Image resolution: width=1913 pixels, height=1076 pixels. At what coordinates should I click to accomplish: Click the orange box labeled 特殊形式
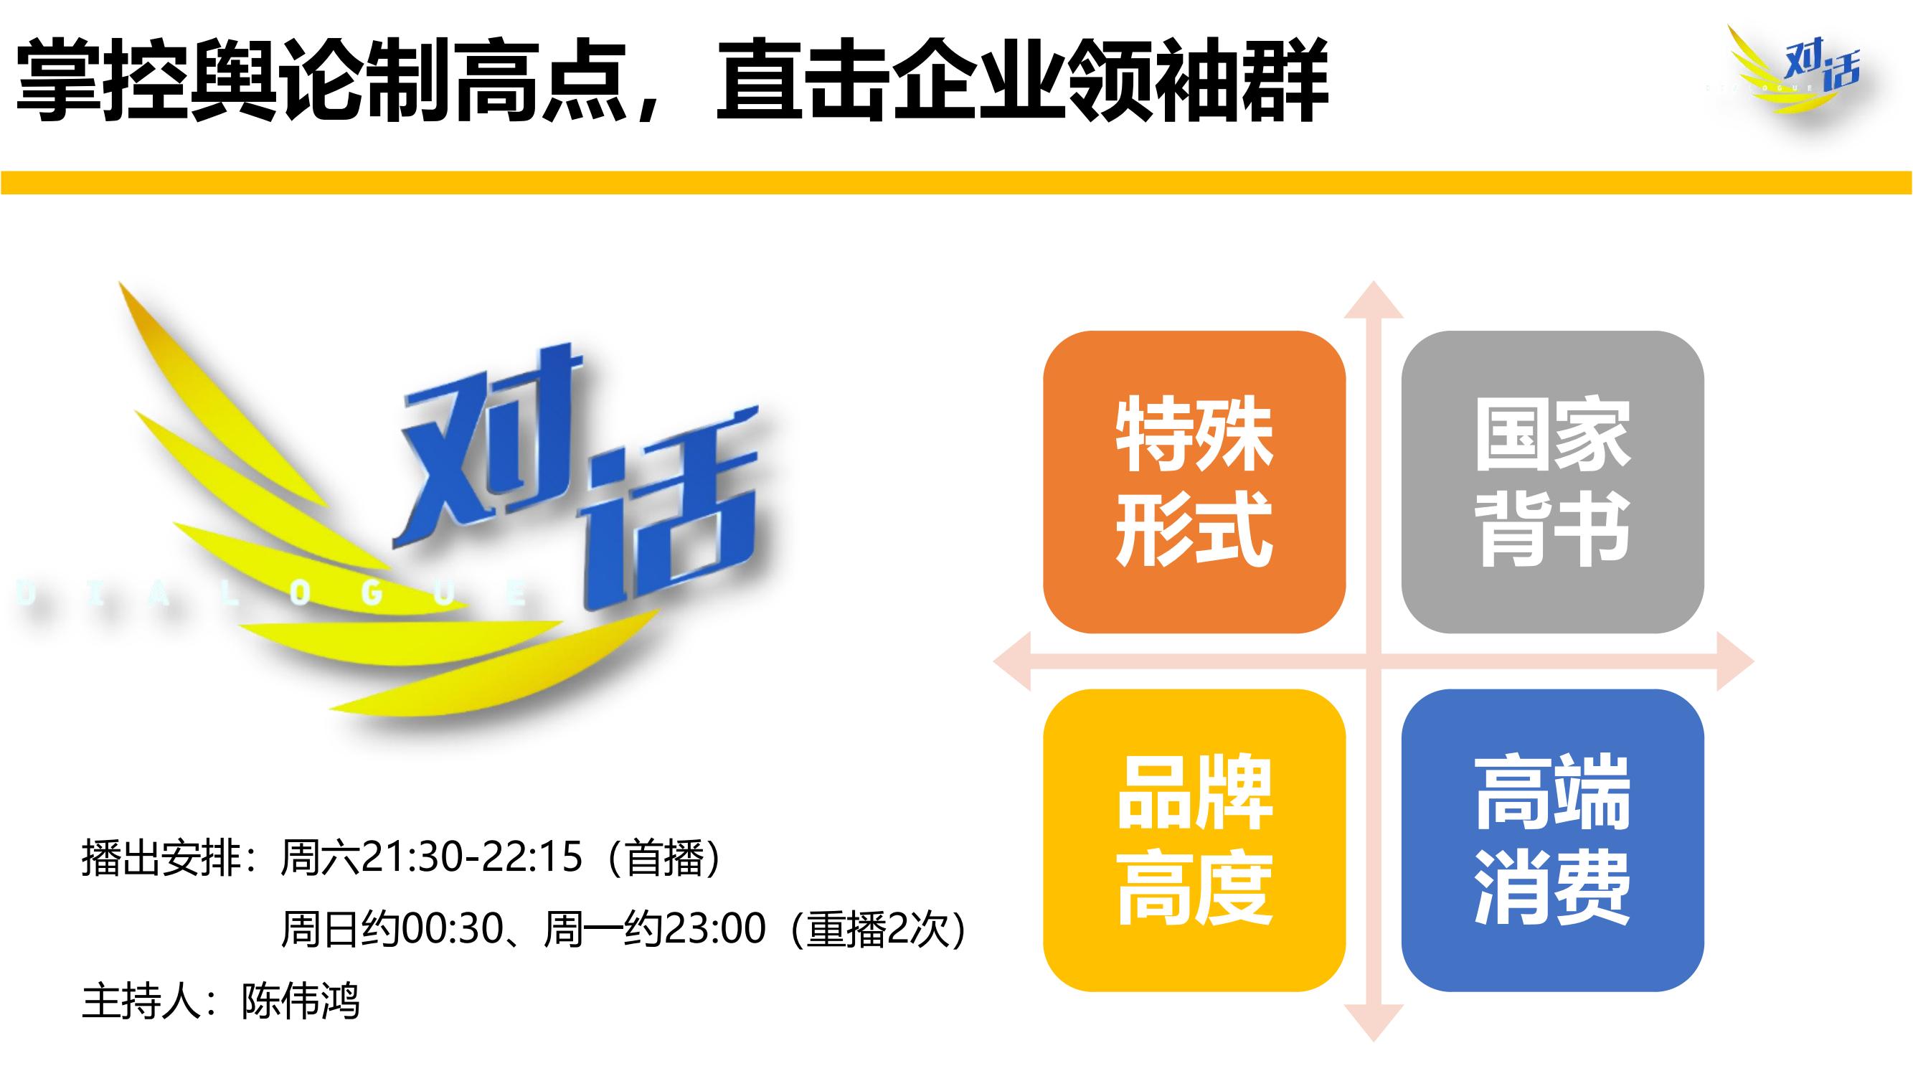point(1194,482)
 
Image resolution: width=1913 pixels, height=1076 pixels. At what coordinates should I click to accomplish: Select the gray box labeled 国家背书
point(1553,482)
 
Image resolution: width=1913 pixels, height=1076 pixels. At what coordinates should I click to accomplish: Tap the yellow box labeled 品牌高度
point(1194,841)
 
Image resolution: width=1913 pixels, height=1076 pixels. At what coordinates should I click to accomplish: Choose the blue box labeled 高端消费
point(1553,841)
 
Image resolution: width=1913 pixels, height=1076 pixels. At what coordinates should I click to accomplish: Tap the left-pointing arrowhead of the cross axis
point(1011,661)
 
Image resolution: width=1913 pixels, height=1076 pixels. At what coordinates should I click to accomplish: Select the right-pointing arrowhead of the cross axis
point(1736,661)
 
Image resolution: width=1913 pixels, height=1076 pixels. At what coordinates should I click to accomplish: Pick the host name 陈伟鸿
point(300,1001)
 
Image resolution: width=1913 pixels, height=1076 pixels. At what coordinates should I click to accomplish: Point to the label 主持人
point(141,1001)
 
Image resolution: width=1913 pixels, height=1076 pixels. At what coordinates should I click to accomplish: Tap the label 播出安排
point(161,858)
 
